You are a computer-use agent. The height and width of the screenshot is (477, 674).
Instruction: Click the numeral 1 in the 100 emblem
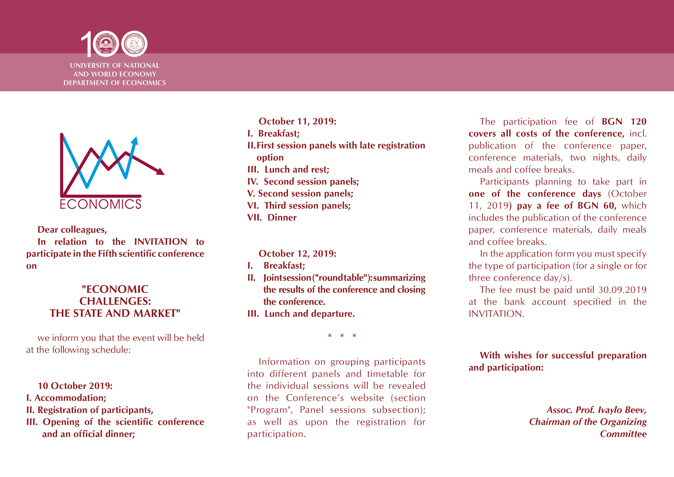coord(86,44)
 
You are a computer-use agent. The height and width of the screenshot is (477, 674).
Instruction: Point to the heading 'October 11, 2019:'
coord(297,121)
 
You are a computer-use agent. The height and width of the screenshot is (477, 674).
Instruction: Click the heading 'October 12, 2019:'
coord(297,253)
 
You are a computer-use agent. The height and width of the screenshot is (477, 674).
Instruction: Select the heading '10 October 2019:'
coord(75,386)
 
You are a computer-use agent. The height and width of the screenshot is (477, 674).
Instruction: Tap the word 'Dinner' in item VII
coord(282,218)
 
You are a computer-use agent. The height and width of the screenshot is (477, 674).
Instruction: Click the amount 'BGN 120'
coord(624,122)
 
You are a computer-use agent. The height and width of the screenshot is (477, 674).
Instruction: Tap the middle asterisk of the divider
coord(342,336)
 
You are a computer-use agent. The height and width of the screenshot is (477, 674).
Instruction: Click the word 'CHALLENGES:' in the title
coord(115,301)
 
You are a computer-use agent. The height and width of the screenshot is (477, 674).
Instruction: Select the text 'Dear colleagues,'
coord(72,230)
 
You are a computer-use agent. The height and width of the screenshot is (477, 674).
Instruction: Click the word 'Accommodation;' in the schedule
coord(71,398)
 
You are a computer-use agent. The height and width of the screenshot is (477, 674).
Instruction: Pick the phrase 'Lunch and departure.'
coord(310,314)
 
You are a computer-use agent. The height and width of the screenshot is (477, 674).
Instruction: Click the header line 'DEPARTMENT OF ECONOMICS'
coord(115,83)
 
